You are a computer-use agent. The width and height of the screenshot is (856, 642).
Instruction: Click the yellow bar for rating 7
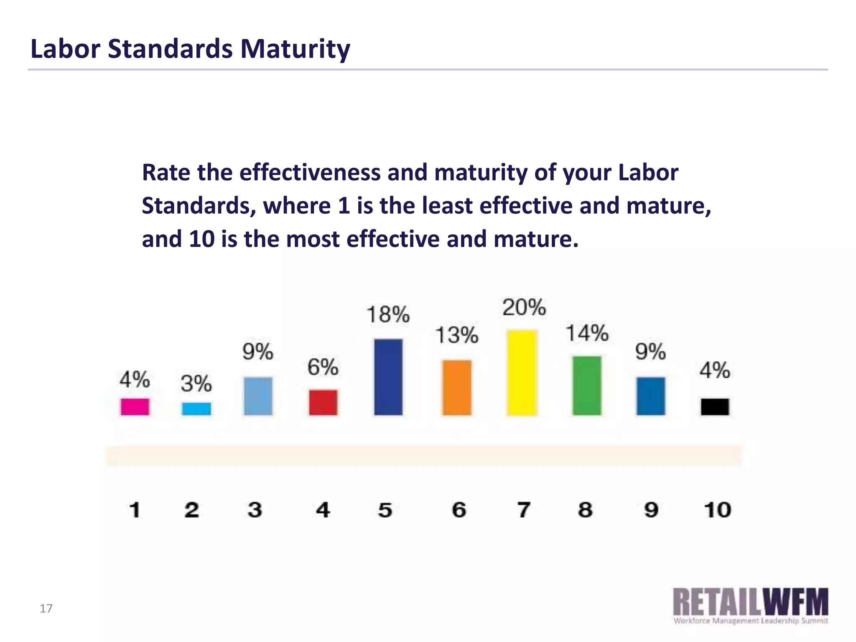click(x=522, y=372)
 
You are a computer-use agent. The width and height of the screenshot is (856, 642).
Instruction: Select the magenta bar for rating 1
click(x=135, y=407)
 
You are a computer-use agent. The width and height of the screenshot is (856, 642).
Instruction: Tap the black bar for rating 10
click(x=715, y=407)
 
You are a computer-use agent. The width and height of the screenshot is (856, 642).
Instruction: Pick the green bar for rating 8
click(x=587, y=385)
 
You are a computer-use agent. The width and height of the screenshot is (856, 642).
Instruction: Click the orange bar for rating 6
click(x=457, y=387)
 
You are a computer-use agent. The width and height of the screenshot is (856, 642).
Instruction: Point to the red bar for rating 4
click(x=323, y=402)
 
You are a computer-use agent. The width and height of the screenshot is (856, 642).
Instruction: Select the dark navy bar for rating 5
click(x=388, y=377)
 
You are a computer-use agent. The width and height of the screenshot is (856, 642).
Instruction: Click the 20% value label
click(x=524, y=308)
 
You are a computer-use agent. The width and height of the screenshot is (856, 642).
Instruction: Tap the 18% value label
click(x=388, y=314)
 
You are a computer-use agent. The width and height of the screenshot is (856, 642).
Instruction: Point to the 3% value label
click(x=196, y=383)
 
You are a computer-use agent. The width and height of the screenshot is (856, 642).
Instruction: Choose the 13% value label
click(x=456, y=335)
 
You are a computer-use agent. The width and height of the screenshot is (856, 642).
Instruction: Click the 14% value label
click(x=587, y=334)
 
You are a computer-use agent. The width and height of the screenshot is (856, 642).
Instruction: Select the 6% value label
click(x=323, y=367)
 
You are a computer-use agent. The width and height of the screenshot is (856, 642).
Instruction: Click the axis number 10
click(x=717, y=510)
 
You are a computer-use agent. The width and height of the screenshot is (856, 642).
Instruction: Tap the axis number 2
click(x=192, y=510)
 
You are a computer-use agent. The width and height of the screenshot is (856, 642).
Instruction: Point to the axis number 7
click(x=524, y=510)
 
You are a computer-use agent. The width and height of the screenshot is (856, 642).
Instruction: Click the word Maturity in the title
click(x=295, y=49)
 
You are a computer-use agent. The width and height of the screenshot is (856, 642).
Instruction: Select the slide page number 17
click(x=46, y=609)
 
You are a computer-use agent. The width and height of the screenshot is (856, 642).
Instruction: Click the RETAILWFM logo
click(x=750, y=606)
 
